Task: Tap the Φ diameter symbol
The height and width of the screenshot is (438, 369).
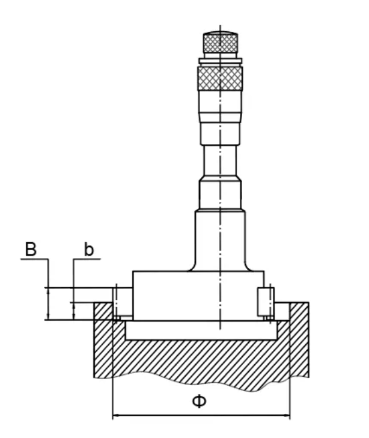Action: (x=200, y=401)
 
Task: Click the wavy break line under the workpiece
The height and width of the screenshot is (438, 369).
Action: (x=198, y=377)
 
